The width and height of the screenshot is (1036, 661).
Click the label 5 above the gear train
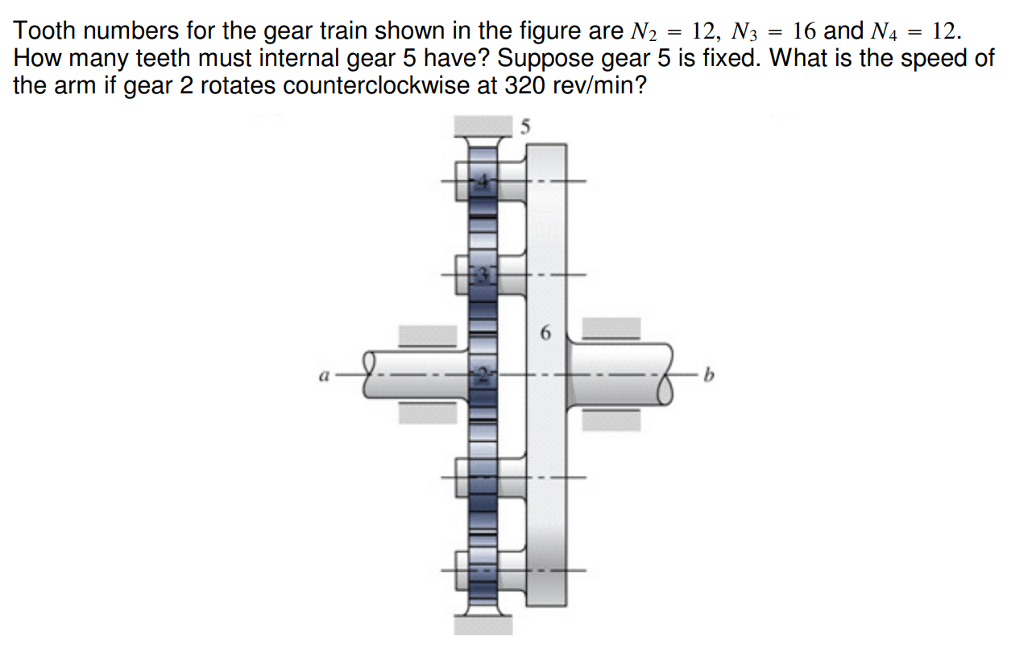coord(526,126)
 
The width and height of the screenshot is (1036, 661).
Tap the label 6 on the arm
coord(545,332)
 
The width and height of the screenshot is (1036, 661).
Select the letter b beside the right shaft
coord(708,375)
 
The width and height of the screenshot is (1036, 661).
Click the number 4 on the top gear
coord(482,182)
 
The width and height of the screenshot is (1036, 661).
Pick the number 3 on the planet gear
coord(482,275)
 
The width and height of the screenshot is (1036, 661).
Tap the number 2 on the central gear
coord(482,375)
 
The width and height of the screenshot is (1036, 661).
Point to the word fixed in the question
coord(719,58)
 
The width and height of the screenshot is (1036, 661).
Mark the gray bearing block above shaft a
coord(429,337)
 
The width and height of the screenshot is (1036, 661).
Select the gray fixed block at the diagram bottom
coord(483,626)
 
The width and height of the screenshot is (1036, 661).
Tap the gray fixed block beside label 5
coord(483,126)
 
